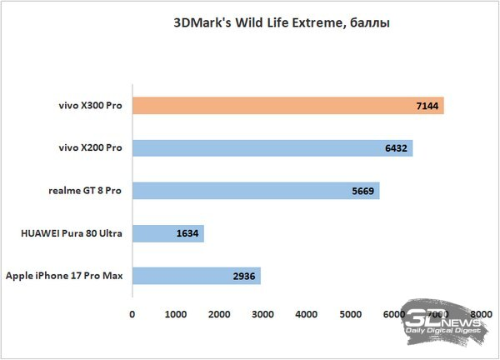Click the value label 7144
tap(427, 106)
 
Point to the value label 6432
tap(397, 148)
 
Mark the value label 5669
tap(363, 191)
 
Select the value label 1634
tap(187, 233)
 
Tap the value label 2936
tap(243, 276)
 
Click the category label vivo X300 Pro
tap(87, 106)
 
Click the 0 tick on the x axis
tap(132, 314)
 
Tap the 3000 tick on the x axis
tap(262, 314)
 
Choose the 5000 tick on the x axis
tap(350, 314)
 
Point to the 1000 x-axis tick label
tap(175, 314)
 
